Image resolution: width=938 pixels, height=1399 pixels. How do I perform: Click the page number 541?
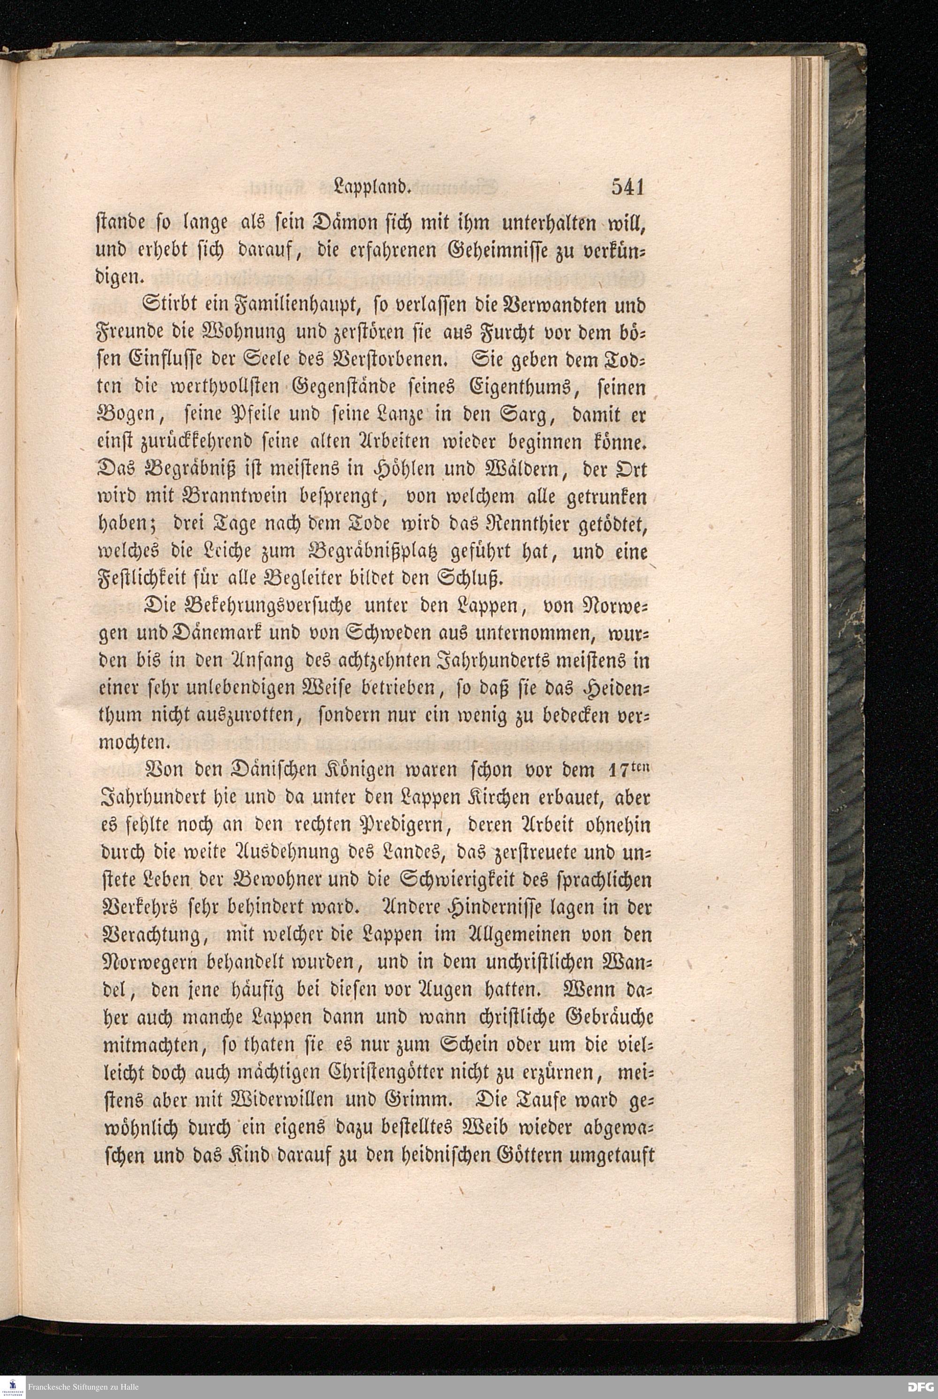coord(627,187)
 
